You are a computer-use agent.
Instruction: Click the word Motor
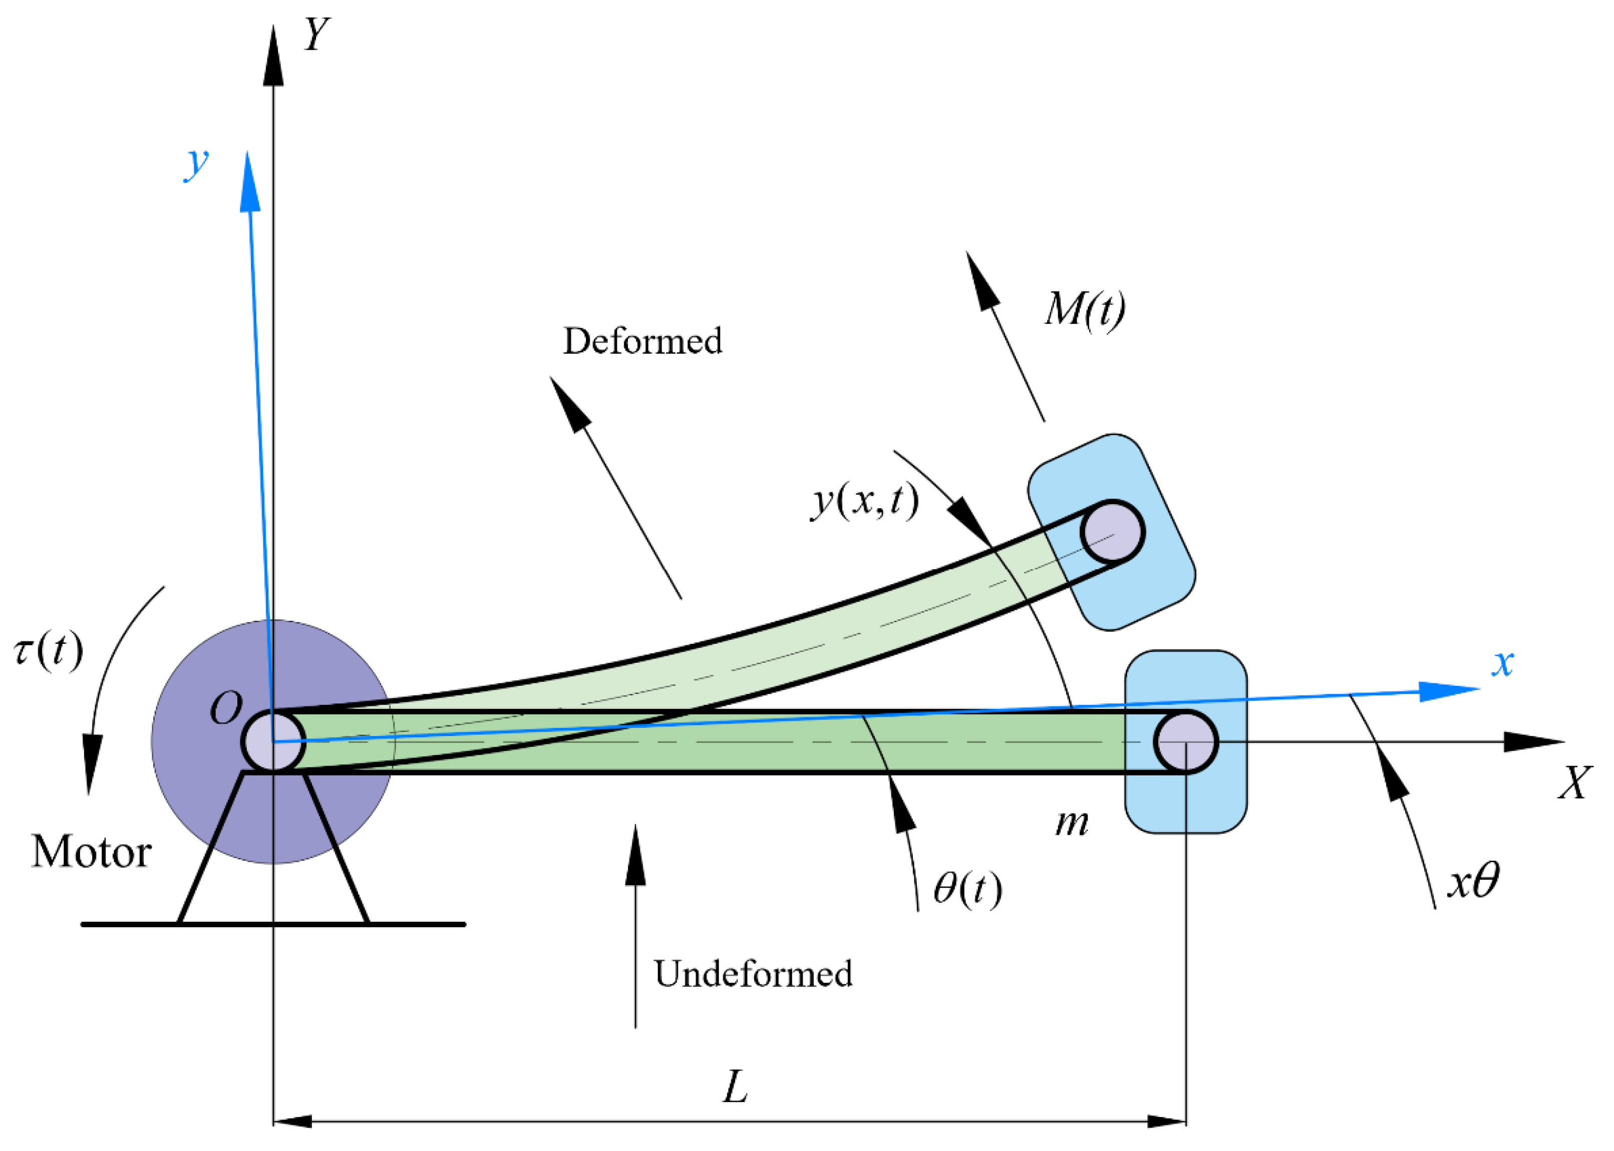(91, 851)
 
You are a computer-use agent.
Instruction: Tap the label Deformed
(642, 341)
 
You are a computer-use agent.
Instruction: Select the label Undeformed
(753, 974)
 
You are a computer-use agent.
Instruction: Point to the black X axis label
(1574, 783)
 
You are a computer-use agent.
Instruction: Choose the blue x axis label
(1502, 663)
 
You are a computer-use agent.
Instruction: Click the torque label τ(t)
(48, 649)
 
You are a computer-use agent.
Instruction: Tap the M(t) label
(1085, 309)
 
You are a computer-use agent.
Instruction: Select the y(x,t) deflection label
(865, 501)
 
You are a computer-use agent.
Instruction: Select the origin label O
(226, 708)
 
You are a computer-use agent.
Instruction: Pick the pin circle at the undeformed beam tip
(1185, 742)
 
